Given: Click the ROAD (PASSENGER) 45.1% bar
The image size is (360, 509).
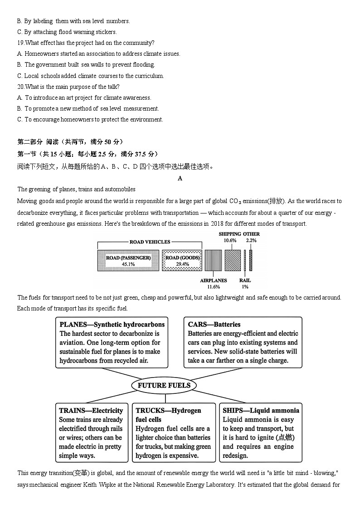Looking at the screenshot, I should [128, 261].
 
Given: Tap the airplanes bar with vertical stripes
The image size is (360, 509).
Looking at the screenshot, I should [213, 261].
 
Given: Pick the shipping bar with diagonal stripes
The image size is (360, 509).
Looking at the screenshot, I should [233, 260].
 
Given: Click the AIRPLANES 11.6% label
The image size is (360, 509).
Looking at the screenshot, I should [214, 284].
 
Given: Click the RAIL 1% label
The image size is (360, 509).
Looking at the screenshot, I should [245, 284].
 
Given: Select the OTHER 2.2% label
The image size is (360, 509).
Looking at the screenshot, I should [251, 237].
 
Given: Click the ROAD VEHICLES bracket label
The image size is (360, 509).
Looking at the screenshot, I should [150, 242].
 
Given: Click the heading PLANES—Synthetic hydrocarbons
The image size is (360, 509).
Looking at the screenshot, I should [112, 325].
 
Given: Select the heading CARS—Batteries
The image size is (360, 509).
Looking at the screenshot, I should [214, 325].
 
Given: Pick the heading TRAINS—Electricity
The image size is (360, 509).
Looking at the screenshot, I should [91, 411].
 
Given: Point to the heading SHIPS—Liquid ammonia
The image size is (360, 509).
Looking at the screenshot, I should [261, 411].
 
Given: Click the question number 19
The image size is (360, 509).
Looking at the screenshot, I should [20, 43].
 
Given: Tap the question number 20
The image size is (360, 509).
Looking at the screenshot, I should [20, 87].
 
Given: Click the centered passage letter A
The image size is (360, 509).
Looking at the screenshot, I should [180, 179].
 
